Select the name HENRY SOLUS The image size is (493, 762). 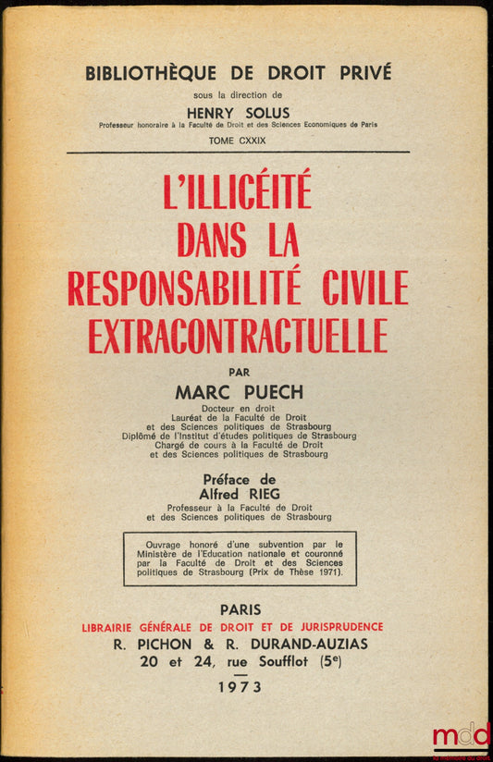click(239, 113)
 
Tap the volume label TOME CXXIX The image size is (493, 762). click(239, 140)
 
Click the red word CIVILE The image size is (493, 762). click(357, 287)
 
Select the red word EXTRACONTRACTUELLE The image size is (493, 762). click(238, 334)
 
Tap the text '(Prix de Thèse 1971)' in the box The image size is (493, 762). click(288, 572)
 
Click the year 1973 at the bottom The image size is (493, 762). click(238, 686)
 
